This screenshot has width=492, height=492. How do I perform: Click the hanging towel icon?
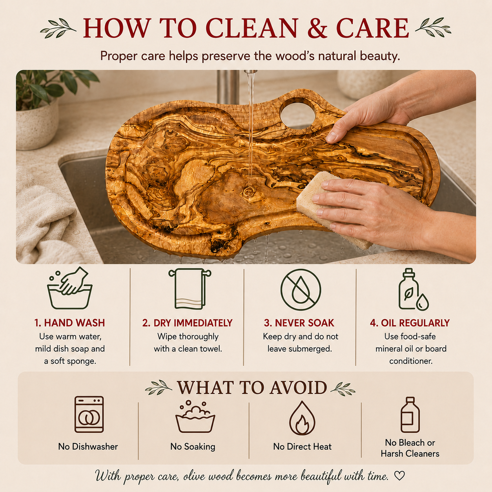pos(190,288)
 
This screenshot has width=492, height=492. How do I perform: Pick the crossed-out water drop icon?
pos(301,290)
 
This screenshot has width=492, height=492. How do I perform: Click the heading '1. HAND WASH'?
pos(70,323)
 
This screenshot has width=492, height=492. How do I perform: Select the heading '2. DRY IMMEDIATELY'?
pos(188,323)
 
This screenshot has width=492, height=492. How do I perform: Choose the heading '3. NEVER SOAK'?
pos(299,323)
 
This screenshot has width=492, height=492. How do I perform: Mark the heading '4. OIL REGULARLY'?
pos(410,323)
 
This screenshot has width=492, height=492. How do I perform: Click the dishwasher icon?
pos(89,414)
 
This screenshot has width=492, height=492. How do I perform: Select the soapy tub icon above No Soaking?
pos(195,416)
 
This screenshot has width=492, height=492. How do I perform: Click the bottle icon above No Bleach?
pos(410,415)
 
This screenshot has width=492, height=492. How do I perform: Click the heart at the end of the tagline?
pos(399,476)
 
